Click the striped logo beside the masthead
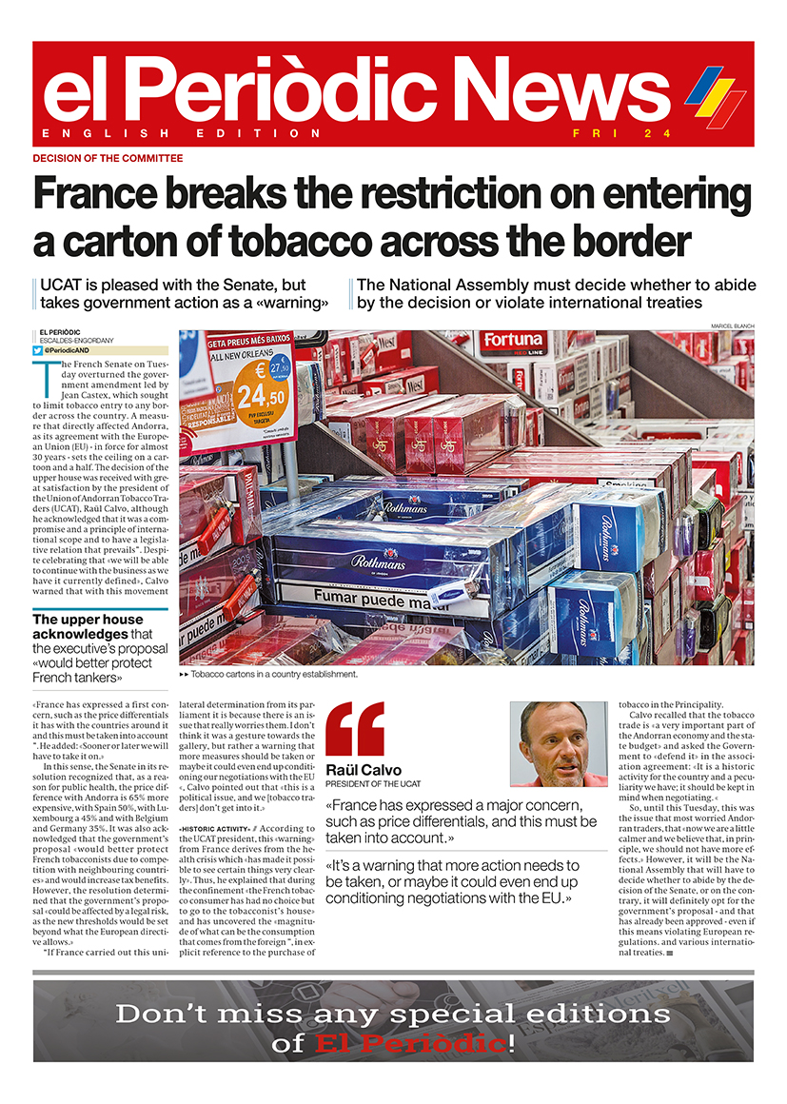tap(715, 95)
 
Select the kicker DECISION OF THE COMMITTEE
tap(108, 158)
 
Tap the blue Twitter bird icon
tap(38, 350)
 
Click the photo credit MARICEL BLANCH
tap(732, 326)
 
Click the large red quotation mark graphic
tap(354, 729)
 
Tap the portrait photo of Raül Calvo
tap(559, 744)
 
